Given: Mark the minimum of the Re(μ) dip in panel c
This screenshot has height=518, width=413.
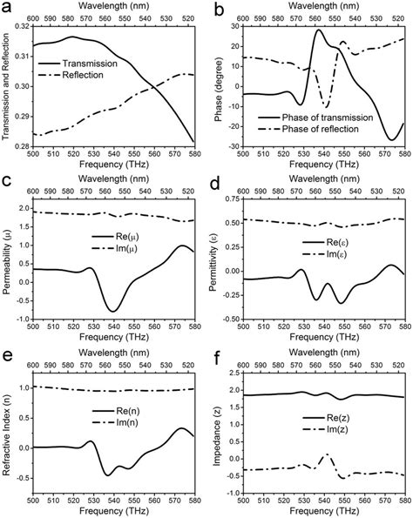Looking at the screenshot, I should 112,311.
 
